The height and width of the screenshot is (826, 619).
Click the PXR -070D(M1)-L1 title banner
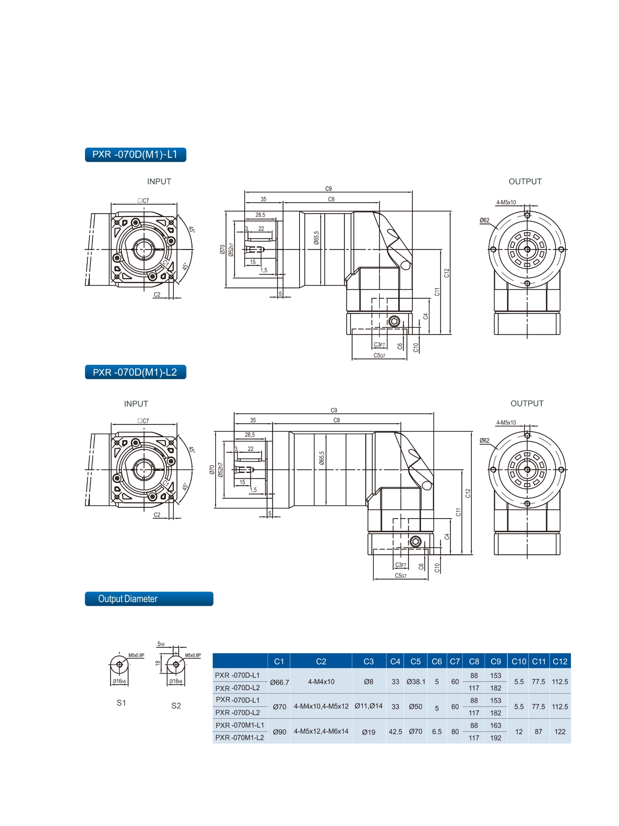pyautogui.click(x=135, y=155)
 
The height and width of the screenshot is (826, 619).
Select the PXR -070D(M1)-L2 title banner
pyautogui.click(x=135, y=372)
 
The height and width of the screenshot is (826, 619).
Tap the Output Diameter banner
pyautogui.click(x=149, y=599)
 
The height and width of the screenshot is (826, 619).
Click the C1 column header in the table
pyautogui.click(x=279, y=661)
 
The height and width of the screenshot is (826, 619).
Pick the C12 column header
pyautogui.click(x=559, y=661)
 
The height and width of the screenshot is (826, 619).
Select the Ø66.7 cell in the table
pyautogui.click(x=279, y=682)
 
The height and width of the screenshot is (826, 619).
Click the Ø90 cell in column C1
pyautogui.click(x=279, y=732)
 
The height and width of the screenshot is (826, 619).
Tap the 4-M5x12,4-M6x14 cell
pyautogui.click(x=321, y=731)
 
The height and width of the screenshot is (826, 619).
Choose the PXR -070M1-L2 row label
pyautogui.click(x=239, y=738)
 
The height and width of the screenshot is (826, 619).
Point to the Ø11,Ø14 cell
pyautogui.click(x=369, y=706)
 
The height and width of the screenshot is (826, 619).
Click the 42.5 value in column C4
pyautogui.click(x=395, y=732)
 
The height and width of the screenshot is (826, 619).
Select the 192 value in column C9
pyautogui.click(x=495, y=738)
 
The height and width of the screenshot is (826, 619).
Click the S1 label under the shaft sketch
pyautogui.click(x=121, y=703)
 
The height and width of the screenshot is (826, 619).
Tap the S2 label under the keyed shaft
pyautogui.click(x=176, y=705)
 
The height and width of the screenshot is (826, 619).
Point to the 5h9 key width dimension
pyautogui.click(x=161, y=644)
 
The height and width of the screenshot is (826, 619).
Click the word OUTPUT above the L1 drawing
pyautogui.click(x=525, y=182)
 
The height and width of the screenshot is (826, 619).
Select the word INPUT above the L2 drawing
pyautogui.click(x=136, y=404)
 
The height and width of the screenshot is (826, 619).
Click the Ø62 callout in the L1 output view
pyautogui.click(x=484, y=220)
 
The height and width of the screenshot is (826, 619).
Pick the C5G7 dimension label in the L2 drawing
pyautogui.click(x=400, y=576)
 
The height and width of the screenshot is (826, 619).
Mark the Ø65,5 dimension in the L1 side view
pyautogui.click(x=317, y=238)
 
